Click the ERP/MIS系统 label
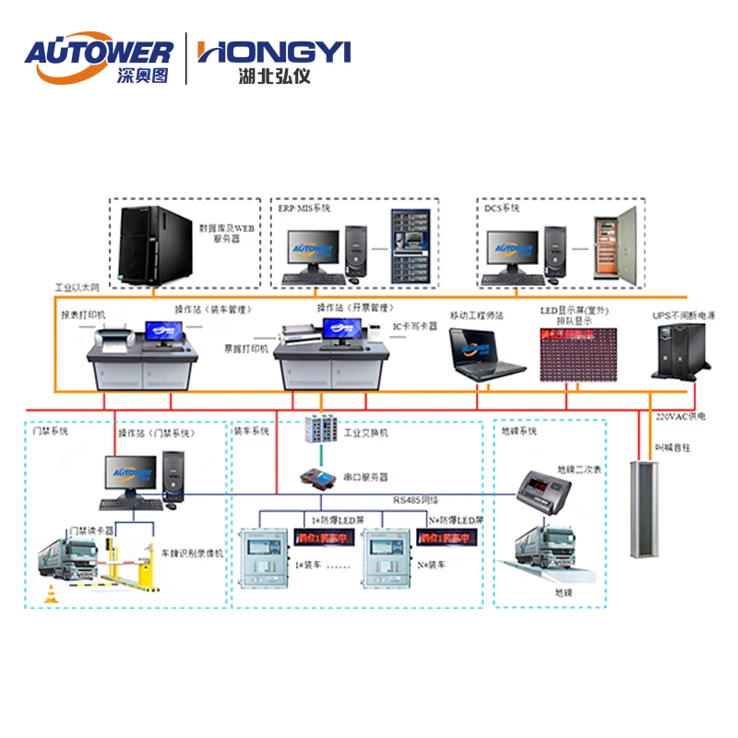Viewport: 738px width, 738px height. tap(305, 208)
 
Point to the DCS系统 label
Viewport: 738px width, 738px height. tap(502, 208)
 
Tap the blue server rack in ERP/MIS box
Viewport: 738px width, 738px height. tap(411, 246)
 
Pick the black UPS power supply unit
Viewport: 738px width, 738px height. tap(683, 352)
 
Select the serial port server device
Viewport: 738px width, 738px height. tap(320, 478)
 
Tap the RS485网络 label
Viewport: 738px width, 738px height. tap(412, 499)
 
